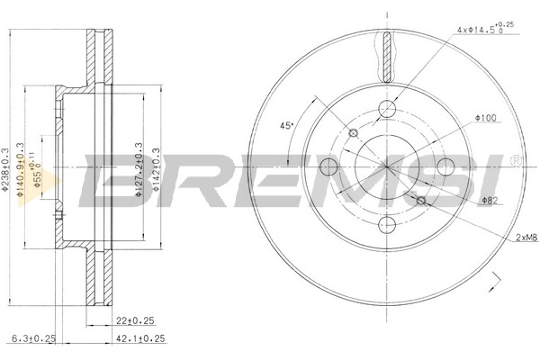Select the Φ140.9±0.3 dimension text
tap(22, 166)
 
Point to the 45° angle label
tap(287, 126)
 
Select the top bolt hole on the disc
tap(388, 110)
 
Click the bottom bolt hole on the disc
tap(388, 224)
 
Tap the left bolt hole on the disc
tap(329, 166)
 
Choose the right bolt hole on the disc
tap(445, 166)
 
